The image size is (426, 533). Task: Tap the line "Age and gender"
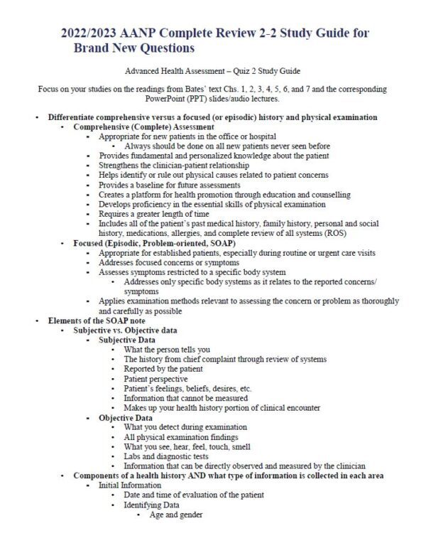coord(175,514)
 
